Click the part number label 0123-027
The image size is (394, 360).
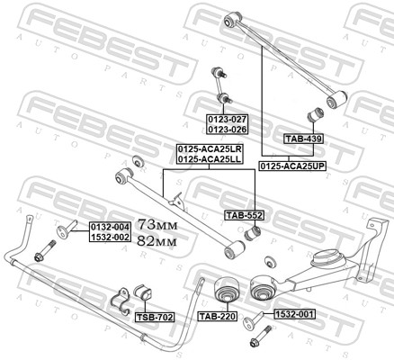228,119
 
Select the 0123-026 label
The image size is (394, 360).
228,129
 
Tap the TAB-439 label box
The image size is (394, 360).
303,139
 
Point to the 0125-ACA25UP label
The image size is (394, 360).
292,166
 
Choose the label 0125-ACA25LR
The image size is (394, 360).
209,148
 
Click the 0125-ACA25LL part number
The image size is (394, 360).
209,158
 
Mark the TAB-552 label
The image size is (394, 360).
243,216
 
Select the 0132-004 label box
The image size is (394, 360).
110,227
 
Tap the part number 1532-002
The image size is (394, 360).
110,237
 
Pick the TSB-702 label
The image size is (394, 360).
154,318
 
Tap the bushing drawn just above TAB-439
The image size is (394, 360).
317,116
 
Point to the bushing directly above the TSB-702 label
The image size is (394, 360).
144,293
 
